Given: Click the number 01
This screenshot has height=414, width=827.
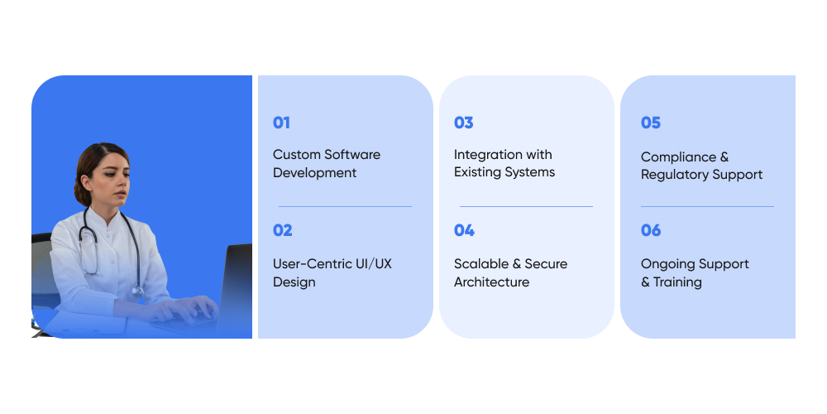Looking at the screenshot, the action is click(281, 123).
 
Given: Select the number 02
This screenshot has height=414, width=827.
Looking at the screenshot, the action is click(282, 230).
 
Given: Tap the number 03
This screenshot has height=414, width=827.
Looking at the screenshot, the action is click(464, 123).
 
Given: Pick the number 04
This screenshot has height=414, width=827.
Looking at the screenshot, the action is click(464, 230).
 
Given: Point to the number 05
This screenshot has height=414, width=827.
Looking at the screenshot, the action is click(651, 123).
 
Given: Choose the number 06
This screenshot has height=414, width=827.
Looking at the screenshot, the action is click(651, 230).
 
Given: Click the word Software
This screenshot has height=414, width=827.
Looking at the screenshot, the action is click(352, 155).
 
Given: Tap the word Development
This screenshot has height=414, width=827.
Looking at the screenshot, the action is click(315, 173).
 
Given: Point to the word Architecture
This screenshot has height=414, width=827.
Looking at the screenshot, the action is click(491, 282).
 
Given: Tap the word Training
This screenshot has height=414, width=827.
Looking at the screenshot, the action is click(678, 282).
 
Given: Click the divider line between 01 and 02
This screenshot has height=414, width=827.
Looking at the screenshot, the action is click(345, 206).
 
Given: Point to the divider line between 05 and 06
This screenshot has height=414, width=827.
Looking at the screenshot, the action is click(707, 206).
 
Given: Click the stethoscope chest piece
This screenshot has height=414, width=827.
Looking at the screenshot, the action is click(137, 291).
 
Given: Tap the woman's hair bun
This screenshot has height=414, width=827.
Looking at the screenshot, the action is click(81, 194).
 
